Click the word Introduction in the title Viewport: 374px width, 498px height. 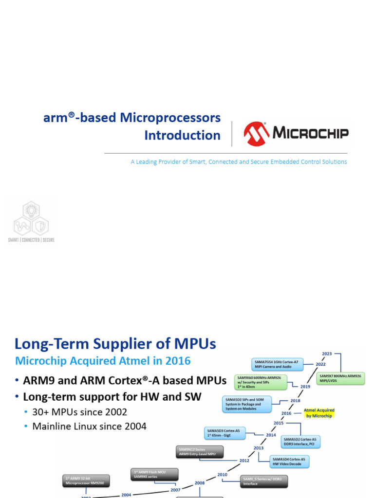[x=182, y=135]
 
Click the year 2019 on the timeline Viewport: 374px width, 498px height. [x=305, y=387]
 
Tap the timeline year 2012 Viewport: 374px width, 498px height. [x=244, y=461]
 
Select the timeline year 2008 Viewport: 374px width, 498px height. [x=200, y=483]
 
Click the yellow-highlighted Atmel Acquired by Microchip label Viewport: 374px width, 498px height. [x=319, y=413]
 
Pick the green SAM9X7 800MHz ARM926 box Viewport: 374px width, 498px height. [x=341, y=378]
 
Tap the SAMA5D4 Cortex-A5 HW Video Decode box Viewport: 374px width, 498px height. [x=290, y=462]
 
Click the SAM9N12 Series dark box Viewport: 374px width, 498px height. [x=199, y=452]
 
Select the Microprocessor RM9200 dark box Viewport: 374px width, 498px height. [x=86, y=480]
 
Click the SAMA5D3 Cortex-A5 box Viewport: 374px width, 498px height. [x=225, y=433]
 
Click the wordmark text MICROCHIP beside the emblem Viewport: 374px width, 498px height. [x=310, y=133]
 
